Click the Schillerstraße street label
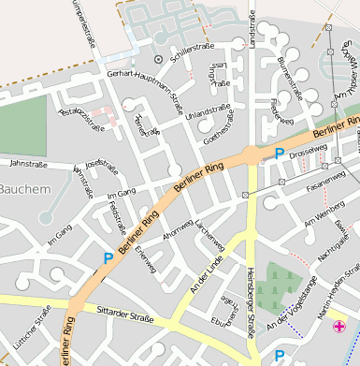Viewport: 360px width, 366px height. (x=194, y=45)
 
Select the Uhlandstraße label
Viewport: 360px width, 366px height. (x=208, y=114)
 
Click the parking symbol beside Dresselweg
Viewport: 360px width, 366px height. (x=278, y=154)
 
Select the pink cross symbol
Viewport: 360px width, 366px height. (x=338, y=327)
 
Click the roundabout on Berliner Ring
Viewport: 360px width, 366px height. (x=252, y=154)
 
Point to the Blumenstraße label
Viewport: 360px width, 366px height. (x=289, y=78)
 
